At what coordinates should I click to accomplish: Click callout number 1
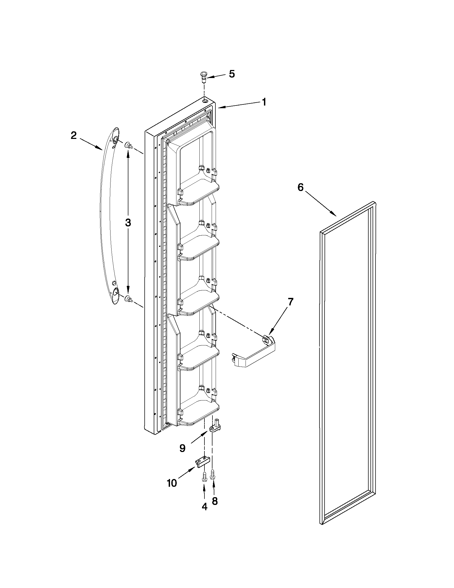pyautogui.click(x=264, y=102)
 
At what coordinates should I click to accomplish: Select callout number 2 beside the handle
pyautogui.click(x=74, y=135)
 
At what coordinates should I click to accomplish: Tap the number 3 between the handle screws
pyautogui.click(x=128, y=223)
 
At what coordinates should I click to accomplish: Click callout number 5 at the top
pyautogui.click(x=232, y=74)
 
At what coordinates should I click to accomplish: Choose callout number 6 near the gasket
pyautogui.click(x=301, y=187)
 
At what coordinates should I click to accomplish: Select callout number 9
pyautogui.click(x=182, y=448)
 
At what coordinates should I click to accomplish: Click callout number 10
pyautogui.click(x=172, y=483)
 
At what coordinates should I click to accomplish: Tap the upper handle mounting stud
pyautogui.click(x=129, y=146)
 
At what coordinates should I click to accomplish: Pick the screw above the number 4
pyautogui.click(x=204, y=477)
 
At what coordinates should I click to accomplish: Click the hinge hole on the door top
pyautogui.click(x=205, y=101)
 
